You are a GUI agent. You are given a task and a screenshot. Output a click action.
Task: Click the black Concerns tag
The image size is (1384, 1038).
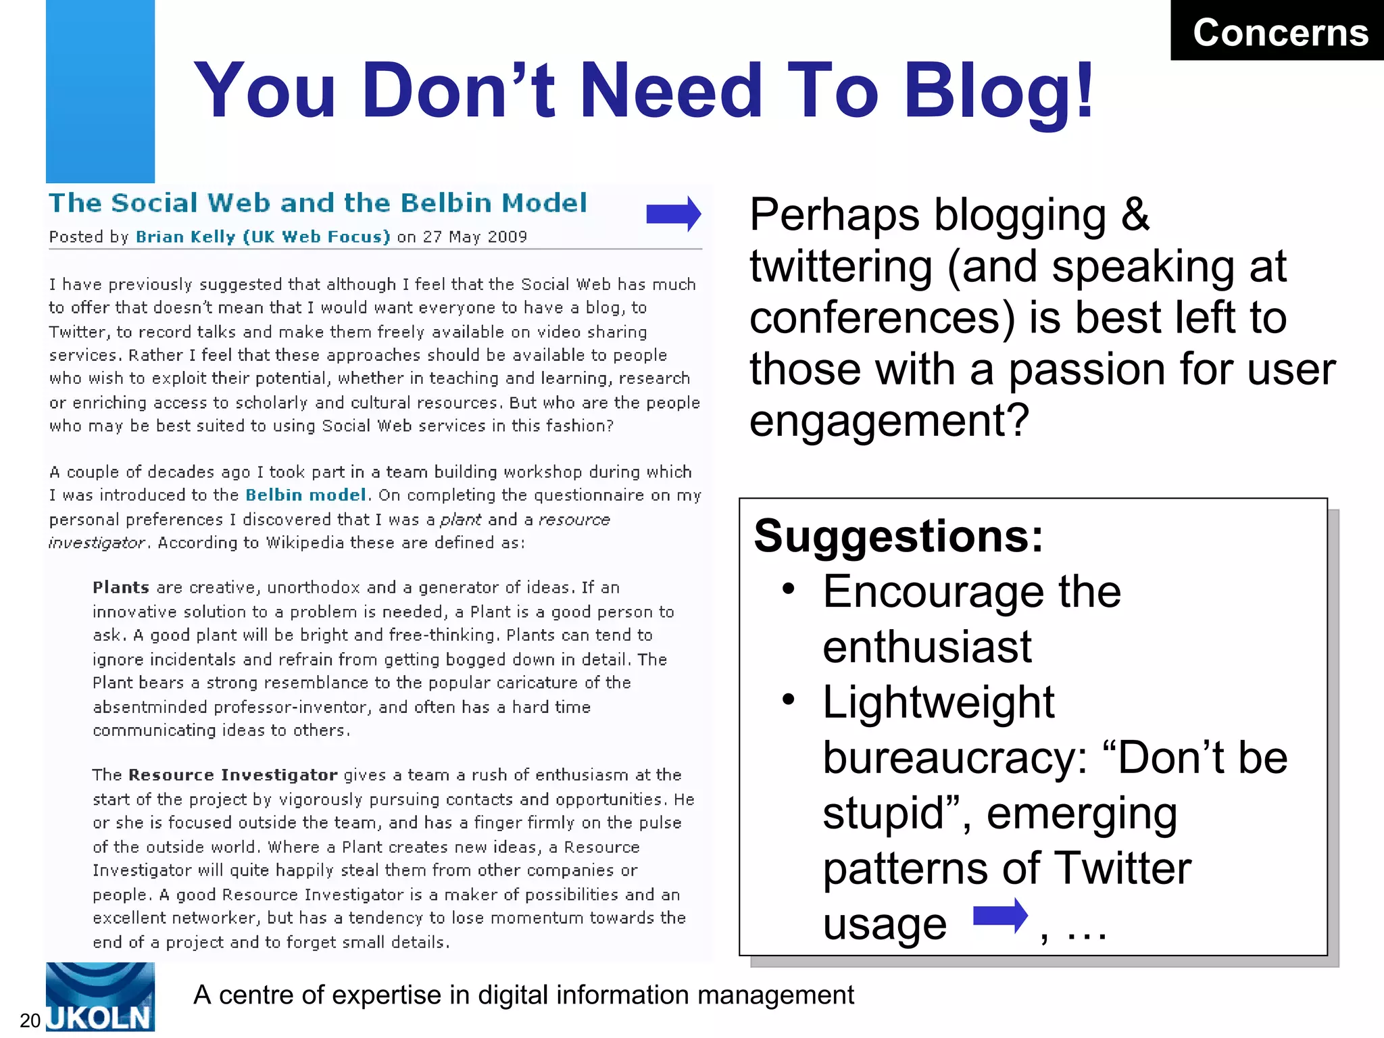[1279, 31]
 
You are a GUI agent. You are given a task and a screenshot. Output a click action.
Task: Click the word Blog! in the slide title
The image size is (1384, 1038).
[999, 91]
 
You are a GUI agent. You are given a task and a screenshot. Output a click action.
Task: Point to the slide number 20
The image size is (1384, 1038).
[30, 1020]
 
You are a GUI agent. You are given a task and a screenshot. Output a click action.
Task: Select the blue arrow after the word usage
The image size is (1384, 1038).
[1000, 917]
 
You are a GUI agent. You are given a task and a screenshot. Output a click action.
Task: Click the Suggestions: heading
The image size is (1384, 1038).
[899, 536]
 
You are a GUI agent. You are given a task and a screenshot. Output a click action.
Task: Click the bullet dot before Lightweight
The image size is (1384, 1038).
[788, 700]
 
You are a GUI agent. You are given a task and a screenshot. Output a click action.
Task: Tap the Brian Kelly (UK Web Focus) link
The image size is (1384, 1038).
[263, 237]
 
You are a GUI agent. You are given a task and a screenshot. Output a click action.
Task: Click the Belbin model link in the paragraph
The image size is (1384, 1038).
[306, 495]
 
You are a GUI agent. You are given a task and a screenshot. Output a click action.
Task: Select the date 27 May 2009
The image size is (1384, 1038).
[474, 237]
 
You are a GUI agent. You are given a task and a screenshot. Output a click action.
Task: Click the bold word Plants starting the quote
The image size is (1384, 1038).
[121, 587]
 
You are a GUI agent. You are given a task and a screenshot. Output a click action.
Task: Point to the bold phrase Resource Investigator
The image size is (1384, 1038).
[232, 775]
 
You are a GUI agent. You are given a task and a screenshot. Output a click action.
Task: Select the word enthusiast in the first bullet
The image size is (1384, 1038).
[927, 647]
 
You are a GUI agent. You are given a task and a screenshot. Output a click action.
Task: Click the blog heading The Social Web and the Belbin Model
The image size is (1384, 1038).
[318, 203]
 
